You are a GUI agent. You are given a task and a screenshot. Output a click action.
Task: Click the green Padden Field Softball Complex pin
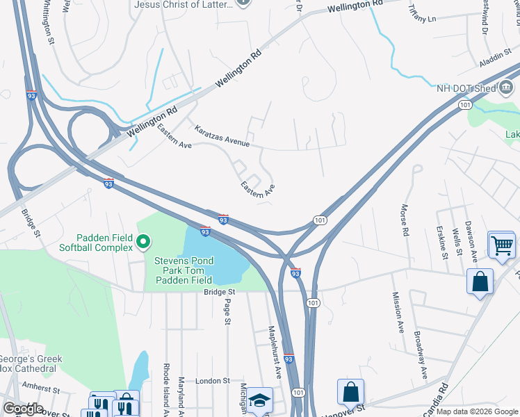143,243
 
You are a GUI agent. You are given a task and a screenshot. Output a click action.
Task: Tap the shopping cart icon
501,244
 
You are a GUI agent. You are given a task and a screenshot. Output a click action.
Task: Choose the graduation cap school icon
259,400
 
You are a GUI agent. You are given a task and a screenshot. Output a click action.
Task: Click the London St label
212,381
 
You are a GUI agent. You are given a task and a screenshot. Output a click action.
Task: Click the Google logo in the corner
23,409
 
